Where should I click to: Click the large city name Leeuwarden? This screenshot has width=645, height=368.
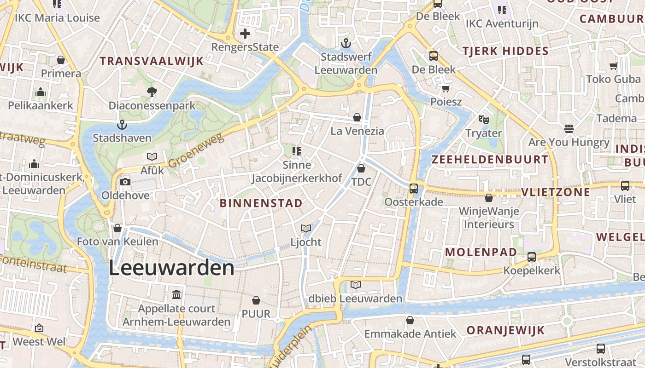[x=171, y=268]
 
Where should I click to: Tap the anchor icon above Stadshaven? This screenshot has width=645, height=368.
[x=122, y=125]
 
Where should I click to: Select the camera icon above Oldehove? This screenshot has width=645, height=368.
[x=125, y=182]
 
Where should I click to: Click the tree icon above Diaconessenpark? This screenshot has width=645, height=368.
[x=152, y=92]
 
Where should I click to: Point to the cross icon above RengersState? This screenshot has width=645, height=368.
[x=245, y=33]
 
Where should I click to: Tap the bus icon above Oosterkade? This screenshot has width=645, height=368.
[x=414, y=188]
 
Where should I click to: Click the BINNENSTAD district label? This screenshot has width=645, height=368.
[x=261, y=203]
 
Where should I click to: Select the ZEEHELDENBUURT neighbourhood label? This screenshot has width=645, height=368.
[x=490, y=160]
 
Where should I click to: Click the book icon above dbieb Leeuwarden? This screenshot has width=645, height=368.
[x=356, y=285]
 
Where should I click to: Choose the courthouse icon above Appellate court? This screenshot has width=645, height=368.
[x=176, y=295]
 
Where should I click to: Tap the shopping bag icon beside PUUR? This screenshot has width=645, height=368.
[x=256, y=300]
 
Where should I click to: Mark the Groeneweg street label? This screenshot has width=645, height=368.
[x=196, y=150]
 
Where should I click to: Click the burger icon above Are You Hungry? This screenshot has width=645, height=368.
[x=569, y=128]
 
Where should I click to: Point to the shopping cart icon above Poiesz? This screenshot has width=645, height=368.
[x=446, y=88]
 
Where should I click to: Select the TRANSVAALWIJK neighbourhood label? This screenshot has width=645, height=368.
[x=152, y=61]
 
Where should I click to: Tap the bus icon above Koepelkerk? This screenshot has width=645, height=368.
[x=532, y=257]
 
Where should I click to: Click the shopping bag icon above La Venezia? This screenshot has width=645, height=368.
[x=357, y=117]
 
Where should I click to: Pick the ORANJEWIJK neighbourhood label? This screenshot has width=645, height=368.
[x=505, y=330]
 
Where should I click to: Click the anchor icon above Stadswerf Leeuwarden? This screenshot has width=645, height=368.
[x=346, y=44]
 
